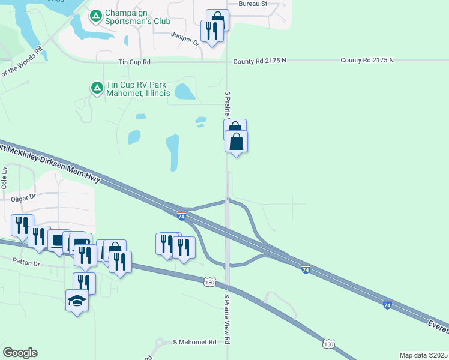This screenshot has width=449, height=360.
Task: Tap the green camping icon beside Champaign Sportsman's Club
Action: tap(96, 16)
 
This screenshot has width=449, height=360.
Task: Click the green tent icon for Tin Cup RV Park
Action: tap(96, 88)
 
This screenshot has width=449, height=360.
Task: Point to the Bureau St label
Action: tap(252, 4)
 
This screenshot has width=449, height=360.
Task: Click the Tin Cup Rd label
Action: tap(134, 62)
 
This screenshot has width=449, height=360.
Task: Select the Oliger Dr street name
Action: tap(24, 196)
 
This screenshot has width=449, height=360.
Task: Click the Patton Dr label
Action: tap(26, 263)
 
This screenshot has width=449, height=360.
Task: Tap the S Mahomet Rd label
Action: tap(194, 342)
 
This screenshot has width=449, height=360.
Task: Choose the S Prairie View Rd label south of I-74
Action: tap(228, 318)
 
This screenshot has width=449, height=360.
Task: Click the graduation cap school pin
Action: tap(77, 299)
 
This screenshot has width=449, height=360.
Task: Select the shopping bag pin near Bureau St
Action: tap(217, 19)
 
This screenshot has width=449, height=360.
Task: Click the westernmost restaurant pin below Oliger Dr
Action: tap(22, 225)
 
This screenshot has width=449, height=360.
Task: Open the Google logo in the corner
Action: tap(20, 353)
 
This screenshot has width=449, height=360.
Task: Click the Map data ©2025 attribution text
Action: tap(423, 355)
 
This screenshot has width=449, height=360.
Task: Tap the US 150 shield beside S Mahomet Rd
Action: tap(328, 344)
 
